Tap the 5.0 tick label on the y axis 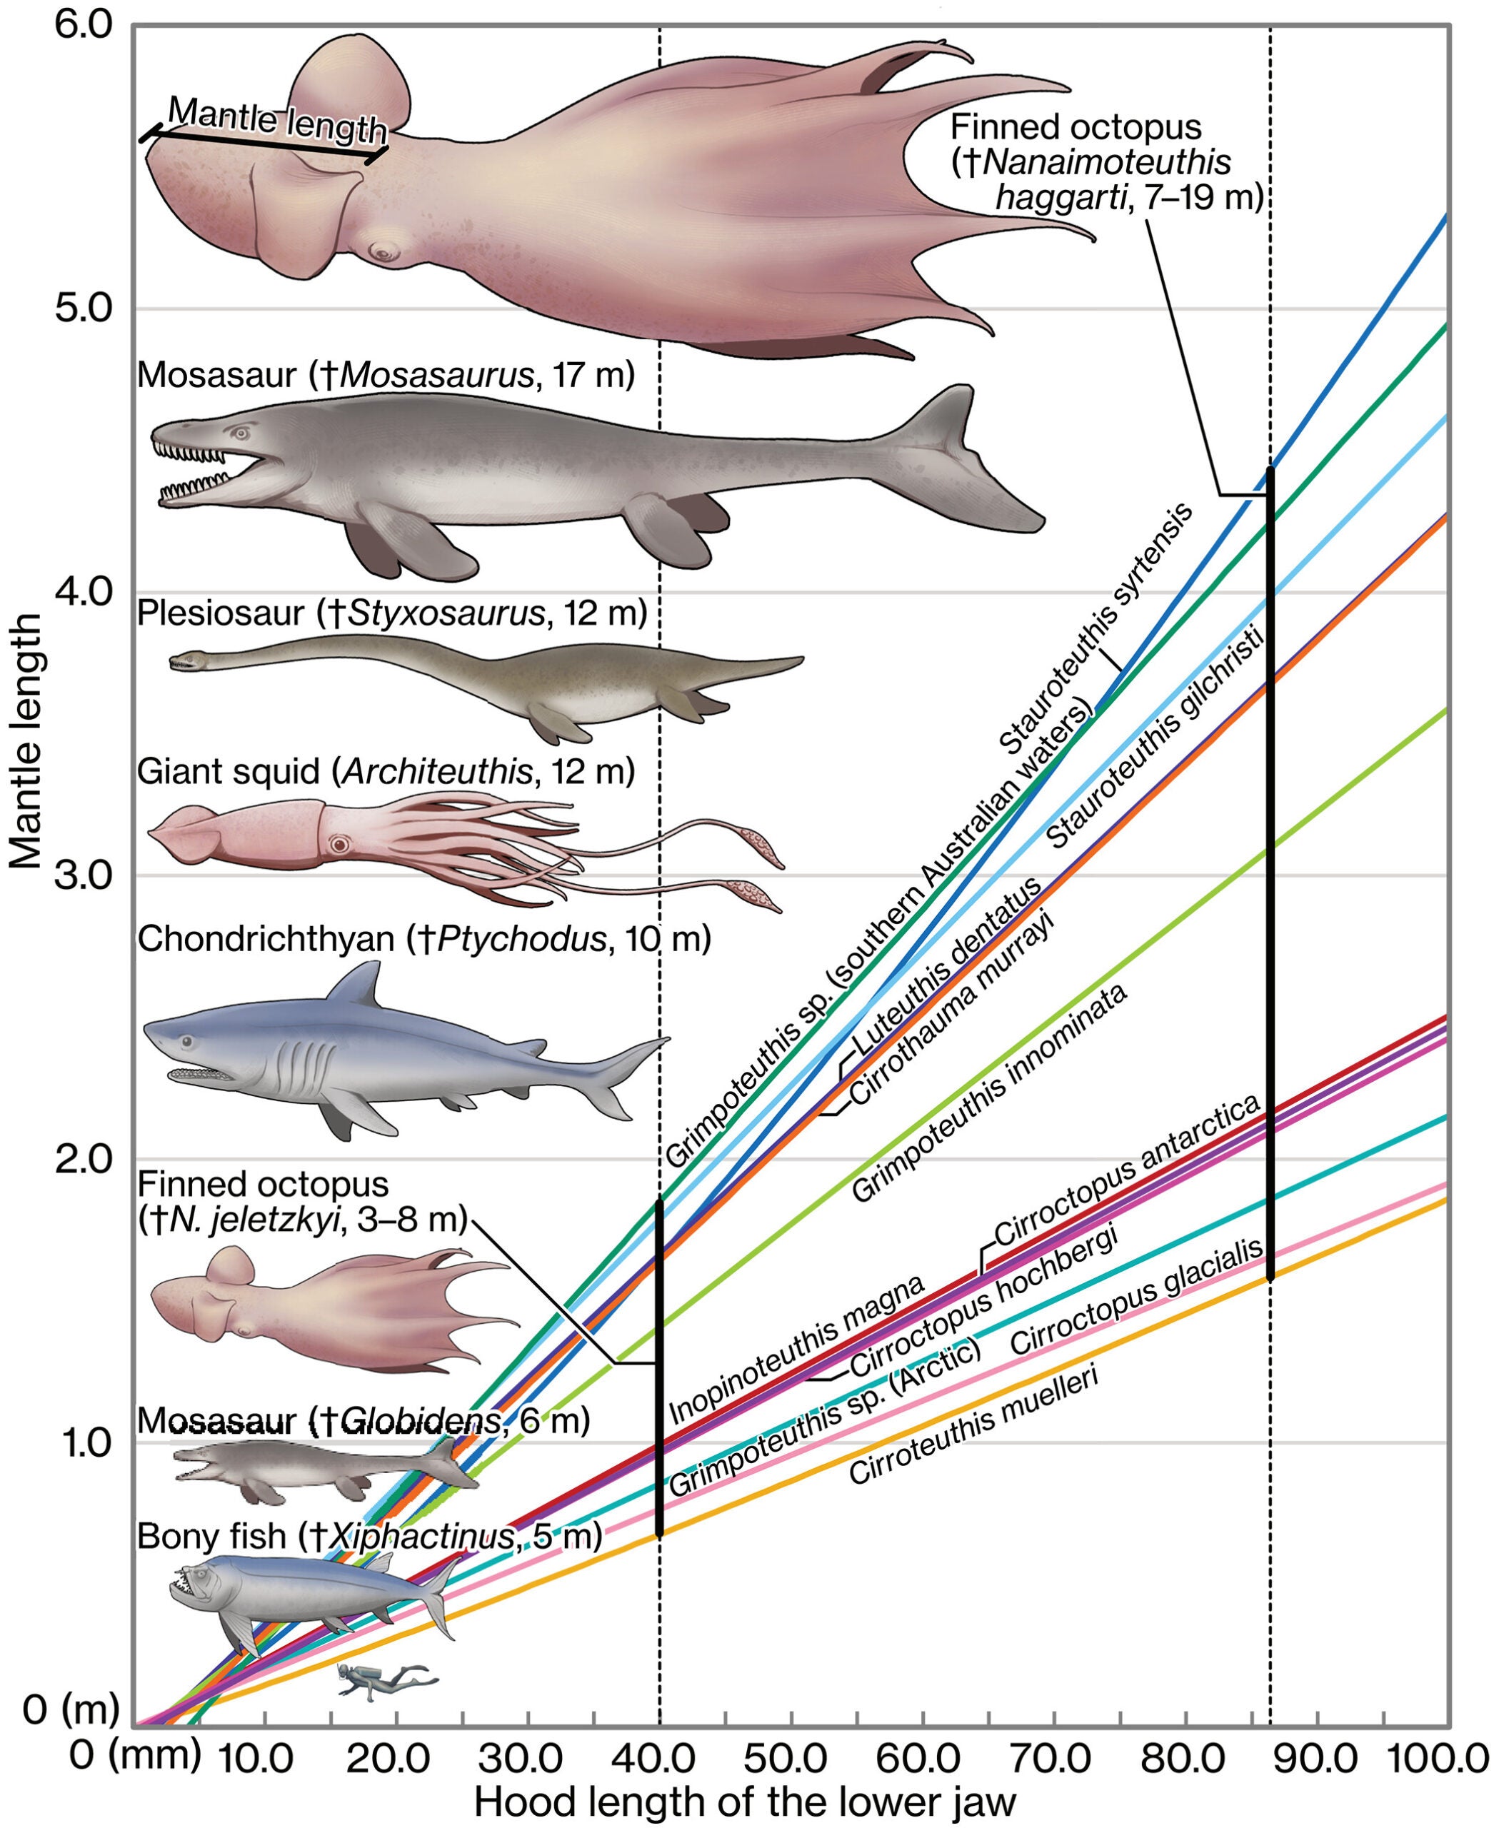tap(84, 308)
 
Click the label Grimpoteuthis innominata tap(990, 1093)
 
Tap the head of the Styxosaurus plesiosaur tap(185, 662)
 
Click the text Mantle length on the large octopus tap(277, 121)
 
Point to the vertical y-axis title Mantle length tap(26, 740)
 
